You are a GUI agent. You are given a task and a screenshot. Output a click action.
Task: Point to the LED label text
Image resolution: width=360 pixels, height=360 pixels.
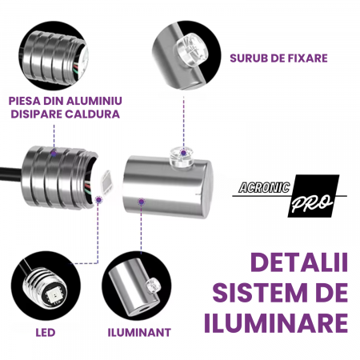pyautogui.click(x=46, y=333)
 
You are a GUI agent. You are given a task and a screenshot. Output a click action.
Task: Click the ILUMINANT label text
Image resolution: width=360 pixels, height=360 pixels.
pyautogui.click(x=139, y=333)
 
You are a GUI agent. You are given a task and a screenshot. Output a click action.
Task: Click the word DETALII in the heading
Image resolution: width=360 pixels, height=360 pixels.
pyautogui.click(x=299, y=262)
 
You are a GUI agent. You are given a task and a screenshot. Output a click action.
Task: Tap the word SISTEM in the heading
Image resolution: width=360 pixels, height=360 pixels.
pyautogui.click(x=260, y=293)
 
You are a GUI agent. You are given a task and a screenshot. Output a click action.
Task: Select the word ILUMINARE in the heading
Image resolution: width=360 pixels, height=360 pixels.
pyautogui.click(x=276, y=322)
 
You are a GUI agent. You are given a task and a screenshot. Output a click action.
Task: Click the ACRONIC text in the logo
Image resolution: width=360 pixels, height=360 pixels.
pyautogui.click(x=264, y=187)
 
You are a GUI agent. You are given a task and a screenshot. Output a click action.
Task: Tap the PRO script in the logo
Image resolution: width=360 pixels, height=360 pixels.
pyautogui.click(x=312, y=203)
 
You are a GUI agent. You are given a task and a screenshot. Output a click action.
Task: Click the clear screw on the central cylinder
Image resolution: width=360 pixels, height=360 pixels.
pyautogui.click(x=182, y=157)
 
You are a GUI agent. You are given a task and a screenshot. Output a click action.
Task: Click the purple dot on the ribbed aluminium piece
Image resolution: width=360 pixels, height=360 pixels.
pyautogui.click(x=54, y=154)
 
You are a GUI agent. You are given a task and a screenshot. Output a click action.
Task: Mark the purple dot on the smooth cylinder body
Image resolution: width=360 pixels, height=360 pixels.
pyautogui.click(x=142, y=202)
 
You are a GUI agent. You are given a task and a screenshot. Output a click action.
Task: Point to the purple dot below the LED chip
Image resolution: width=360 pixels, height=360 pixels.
pyautogui.click(x=98, y=200)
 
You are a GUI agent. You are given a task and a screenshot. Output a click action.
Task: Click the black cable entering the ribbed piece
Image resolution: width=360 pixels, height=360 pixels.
pyautogui.click(x=11, y=174)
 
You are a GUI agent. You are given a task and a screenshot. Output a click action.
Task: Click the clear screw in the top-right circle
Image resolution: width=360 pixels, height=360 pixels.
pyautogui.click(x=191, y=51)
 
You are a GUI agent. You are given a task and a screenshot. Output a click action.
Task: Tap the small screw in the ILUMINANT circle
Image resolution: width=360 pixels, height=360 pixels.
pyautogui.click(x=153, y=286)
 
